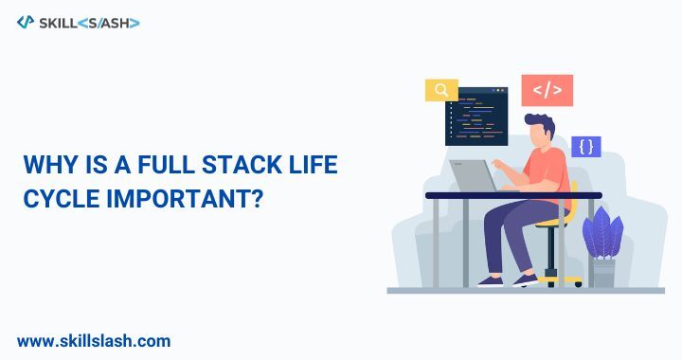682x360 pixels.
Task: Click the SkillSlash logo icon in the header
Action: (26, 22)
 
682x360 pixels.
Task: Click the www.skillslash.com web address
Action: (94, 340)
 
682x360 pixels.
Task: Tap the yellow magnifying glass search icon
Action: (441, 90)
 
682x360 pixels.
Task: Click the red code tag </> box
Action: (547, 90)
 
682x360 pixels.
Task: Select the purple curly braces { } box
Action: (586, 147)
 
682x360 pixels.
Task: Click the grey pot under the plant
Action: (603, 273)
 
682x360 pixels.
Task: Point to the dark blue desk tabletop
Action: (512, 195)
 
